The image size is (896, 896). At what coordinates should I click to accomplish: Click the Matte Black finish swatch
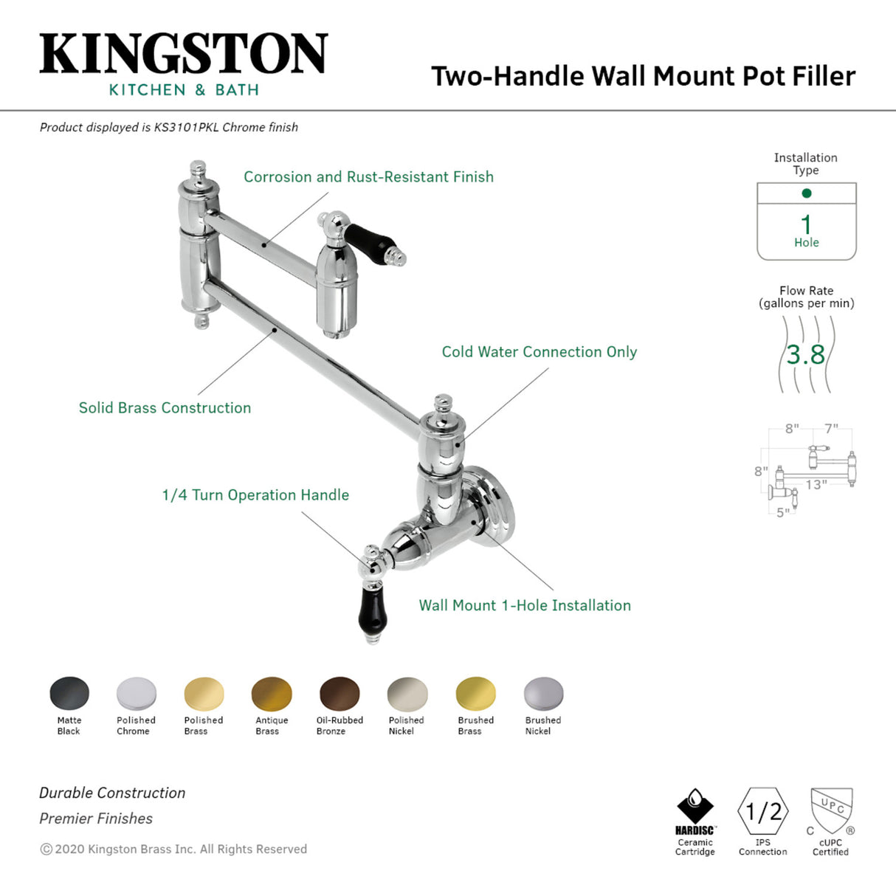pos(69,694)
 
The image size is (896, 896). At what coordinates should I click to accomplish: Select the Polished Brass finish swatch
pos(204,694)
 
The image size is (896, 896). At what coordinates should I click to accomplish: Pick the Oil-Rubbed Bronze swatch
pos(340,694)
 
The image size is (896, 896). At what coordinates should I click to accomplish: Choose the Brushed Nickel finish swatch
pos(543,694)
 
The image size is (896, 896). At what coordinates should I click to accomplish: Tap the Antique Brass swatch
pos(272,694)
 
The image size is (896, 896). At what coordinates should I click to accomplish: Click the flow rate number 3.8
pos(805,355)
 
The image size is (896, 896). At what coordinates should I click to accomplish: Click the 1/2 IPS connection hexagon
pos(763,812)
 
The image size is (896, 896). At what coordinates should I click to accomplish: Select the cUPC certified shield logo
pos(831,810)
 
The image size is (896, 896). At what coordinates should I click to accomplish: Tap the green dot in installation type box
pos(806,193)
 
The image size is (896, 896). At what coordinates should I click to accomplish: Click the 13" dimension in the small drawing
pos(816,485)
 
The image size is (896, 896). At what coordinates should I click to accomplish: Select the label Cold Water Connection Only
pos(539,352)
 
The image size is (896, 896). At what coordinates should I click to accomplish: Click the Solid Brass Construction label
pos(165,408)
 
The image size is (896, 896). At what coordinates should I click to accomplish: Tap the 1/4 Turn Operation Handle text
pos(255,495)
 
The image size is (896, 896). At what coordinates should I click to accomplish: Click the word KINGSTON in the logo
pos(183,54)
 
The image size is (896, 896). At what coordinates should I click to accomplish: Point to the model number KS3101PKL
pos(186,127)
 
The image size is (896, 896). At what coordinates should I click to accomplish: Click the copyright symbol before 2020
pos(46,850)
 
